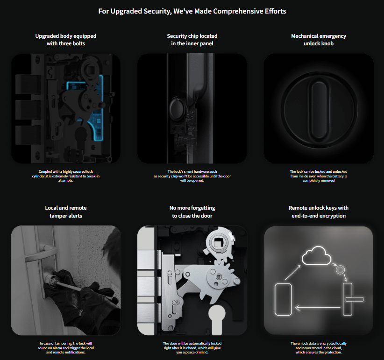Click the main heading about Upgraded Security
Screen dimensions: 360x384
point(192,11)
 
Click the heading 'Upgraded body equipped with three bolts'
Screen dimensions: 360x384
point(66,40)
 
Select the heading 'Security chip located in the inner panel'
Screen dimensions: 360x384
point(192,40)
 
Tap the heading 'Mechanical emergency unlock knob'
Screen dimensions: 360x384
point(318,40)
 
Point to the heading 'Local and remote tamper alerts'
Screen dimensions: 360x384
point(66,212)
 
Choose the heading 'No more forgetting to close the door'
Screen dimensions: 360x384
point(192,212)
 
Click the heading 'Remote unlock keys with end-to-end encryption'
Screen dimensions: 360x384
point(318,212)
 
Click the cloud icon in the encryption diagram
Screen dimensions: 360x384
point(316,257)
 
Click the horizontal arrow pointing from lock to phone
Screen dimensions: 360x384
point(315,307)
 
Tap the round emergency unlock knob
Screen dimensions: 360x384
point(318,109)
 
